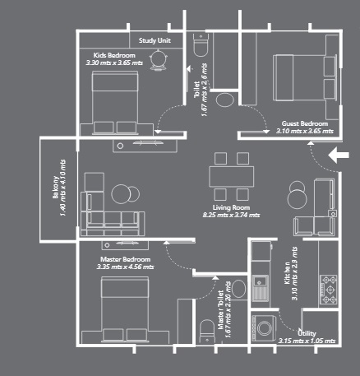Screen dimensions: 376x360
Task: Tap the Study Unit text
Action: click(154, 40)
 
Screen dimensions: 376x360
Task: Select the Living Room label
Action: click(232, 207)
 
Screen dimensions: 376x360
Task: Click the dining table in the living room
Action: click(232, 175)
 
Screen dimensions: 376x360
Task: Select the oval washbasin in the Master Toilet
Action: click(238, 288)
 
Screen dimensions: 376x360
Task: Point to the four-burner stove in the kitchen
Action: click(331, 287)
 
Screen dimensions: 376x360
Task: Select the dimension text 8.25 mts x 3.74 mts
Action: click(232, 215)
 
